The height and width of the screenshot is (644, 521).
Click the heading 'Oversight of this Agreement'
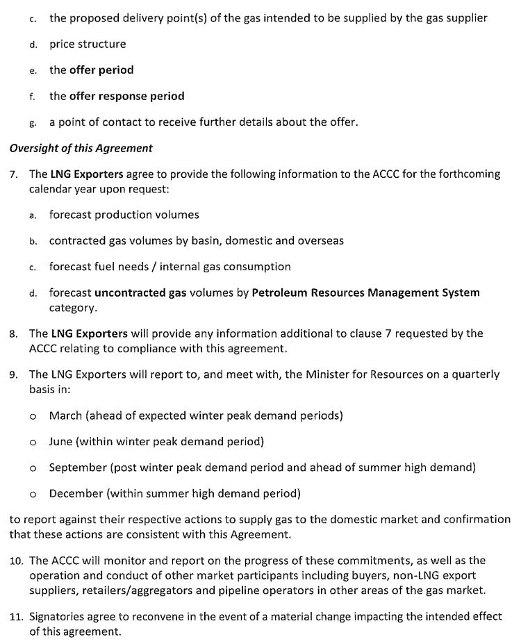81,148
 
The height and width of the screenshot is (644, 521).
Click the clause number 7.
14,174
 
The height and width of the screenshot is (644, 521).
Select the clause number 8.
14,333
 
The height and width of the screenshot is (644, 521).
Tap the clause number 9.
14,374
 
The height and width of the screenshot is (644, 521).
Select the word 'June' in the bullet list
61,441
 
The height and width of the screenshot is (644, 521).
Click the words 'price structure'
88,44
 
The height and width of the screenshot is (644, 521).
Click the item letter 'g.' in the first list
33,122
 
